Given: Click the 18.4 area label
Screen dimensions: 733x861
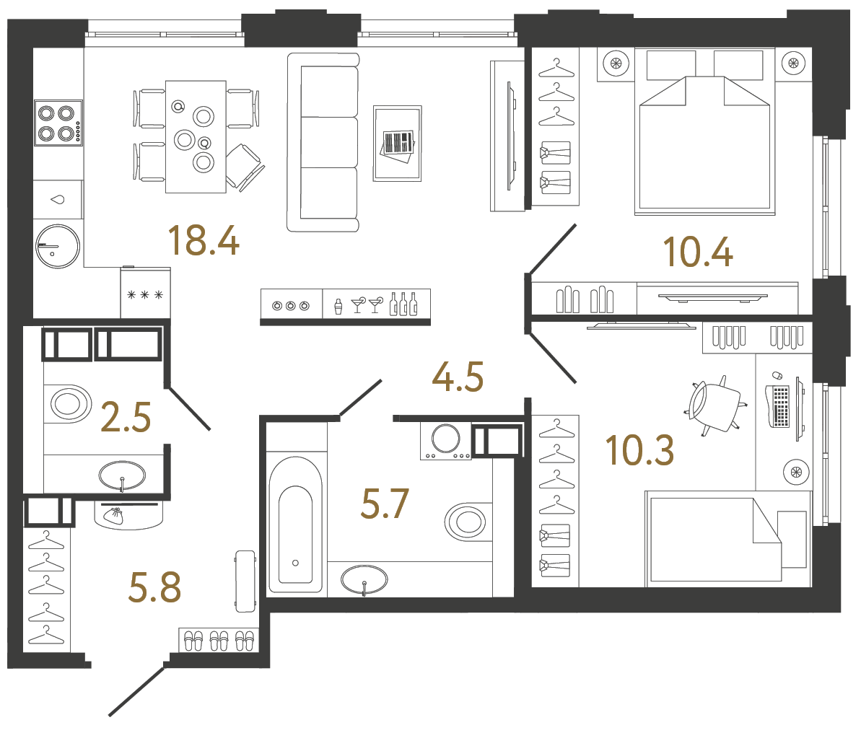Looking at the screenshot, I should point(203,241).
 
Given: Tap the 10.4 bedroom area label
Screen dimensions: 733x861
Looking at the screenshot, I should point(697,253).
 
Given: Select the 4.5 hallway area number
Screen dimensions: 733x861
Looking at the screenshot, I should point(458,377).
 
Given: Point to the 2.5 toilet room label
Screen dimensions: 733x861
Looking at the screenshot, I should point(126,417).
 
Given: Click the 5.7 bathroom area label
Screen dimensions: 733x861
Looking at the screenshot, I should point(385,504).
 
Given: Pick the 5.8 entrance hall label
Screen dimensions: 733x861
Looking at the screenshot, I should point(154,587).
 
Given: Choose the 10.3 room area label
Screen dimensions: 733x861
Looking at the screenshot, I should point(639,450).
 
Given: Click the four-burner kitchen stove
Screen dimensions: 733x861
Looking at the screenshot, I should point(58,123).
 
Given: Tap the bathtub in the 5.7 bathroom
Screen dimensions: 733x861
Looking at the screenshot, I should point(295,524).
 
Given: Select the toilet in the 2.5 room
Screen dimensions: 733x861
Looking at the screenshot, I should point(69,403).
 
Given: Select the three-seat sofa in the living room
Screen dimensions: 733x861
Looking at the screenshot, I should point(323,142).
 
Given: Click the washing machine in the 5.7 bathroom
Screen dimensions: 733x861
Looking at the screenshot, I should point(445,439).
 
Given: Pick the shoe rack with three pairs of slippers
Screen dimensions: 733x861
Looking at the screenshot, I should point(219,640).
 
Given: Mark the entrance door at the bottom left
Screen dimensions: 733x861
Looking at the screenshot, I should point(137,691).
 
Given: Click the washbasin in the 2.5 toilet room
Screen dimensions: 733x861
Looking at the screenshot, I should point(122,475).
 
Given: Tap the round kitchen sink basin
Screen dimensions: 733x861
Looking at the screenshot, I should point(58,247).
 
